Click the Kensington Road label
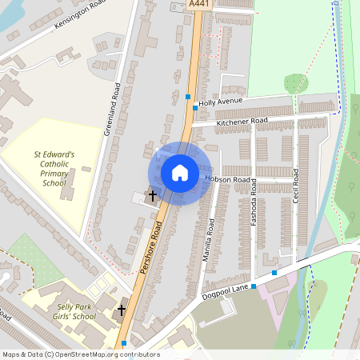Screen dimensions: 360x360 [80, 14]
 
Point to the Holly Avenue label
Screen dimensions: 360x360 [220, 102]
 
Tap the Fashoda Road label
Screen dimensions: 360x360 [254, 202]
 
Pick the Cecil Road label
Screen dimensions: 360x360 [295, 186]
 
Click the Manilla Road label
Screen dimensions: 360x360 [210, 238]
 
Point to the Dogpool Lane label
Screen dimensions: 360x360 [227, 290]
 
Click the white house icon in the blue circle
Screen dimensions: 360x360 [180, 173]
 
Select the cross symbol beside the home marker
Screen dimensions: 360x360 [152, 194]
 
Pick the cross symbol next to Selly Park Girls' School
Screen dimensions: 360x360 [122, 309]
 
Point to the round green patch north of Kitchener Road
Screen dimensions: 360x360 [296, 83]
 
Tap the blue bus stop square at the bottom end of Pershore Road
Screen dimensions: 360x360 [123, 343]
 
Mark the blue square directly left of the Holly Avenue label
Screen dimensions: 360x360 [195, 106]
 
